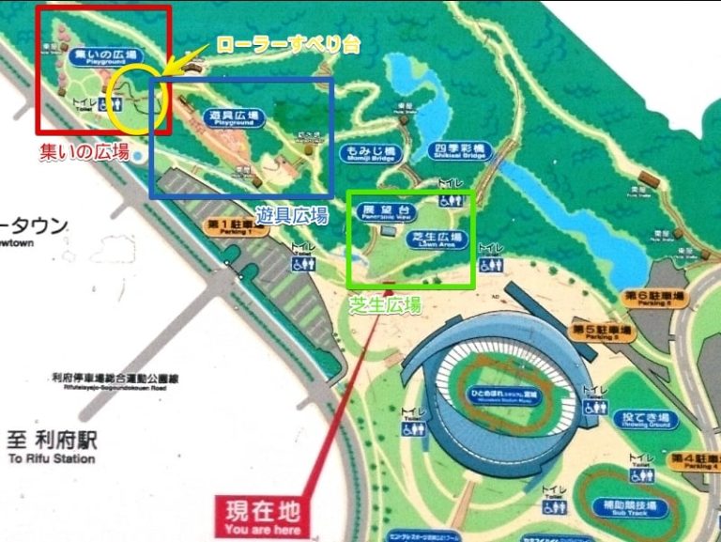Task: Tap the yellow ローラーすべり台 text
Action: coord(288,44)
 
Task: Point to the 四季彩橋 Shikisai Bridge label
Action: coord(459,151)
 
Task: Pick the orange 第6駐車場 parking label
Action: coord(652,297)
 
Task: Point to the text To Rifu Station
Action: coord(51,459)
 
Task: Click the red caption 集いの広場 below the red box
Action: coord(84,151)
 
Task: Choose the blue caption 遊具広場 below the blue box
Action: coord(291,215)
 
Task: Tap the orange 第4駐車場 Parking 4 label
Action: coord(695,461)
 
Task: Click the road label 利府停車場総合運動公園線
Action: coord(115,379)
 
